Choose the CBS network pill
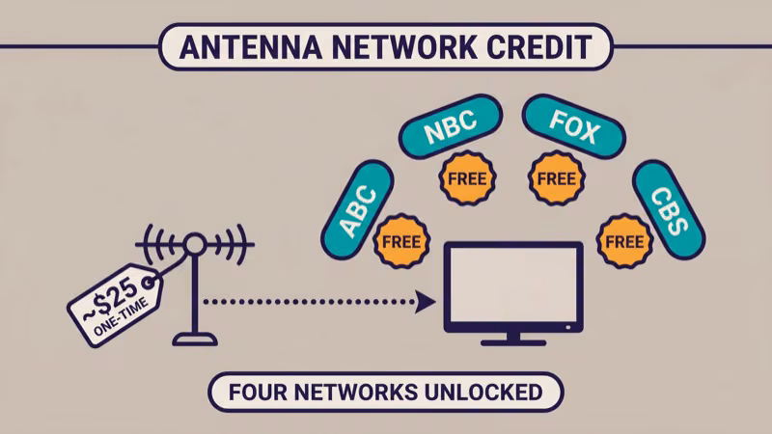point(669,209)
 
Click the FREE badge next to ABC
point(399,239)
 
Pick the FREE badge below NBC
point(467,178)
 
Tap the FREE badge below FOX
point(556,178)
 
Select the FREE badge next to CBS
point(622,239)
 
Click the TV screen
point(512,285)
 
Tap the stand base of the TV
point(512,340)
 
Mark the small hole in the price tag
point(149,282)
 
